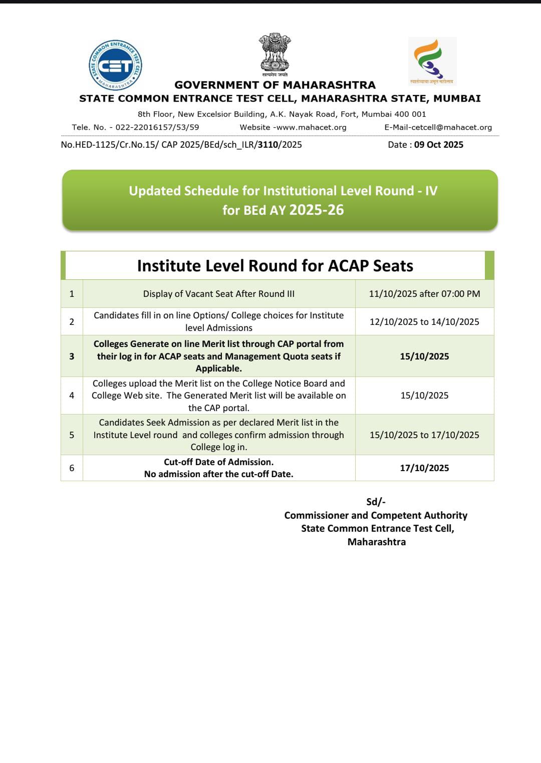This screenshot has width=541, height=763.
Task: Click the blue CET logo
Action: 116,65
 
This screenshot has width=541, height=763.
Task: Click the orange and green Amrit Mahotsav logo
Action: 432,60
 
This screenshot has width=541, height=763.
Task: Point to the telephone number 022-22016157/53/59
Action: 157,127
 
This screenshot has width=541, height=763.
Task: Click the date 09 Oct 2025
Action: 438,145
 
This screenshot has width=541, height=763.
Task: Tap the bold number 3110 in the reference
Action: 268,145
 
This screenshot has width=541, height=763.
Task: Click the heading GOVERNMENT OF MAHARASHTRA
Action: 275,85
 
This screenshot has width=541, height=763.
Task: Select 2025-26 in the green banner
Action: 317,210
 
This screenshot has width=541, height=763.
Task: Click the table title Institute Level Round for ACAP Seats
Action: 275,265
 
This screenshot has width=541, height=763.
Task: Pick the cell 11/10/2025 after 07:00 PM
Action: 424,294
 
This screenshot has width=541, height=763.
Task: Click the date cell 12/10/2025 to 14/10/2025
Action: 424,321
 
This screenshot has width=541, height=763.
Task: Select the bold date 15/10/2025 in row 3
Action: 424,356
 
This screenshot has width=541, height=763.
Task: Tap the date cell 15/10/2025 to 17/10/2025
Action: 424,435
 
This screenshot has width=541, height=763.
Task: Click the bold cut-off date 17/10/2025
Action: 424,468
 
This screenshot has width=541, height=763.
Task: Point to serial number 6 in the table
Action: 72,468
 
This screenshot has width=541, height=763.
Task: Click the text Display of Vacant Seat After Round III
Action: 219,294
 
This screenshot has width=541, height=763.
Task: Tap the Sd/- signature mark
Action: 376,502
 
